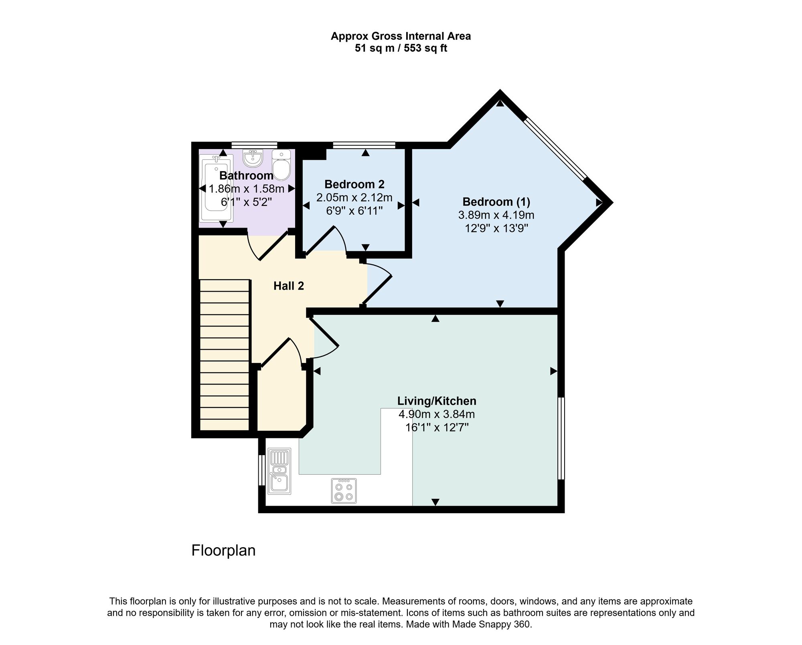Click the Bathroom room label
(x=246, y=175)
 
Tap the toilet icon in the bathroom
(x=281, y=165)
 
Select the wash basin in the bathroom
(x=253, y=159)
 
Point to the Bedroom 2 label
(x=354, y=184)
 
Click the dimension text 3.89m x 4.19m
(x=496, y=215)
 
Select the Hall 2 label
(x=288, y=286)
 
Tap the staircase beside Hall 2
(x=225, y=355)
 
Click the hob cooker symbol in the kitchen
(x=344, y=491)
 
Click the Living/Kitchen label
(x=437, y=401)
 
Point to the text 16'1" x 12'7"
(x=437, y=427)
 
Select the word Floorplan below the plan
(x=223, y=550)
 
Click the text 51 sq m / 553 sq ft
(x=401, y=48)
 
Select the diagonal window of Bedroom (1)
(x=556, y=148)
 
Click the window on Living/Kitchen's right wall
(x=561, y=438)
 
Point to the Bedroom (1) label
(x=496, y=202)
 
